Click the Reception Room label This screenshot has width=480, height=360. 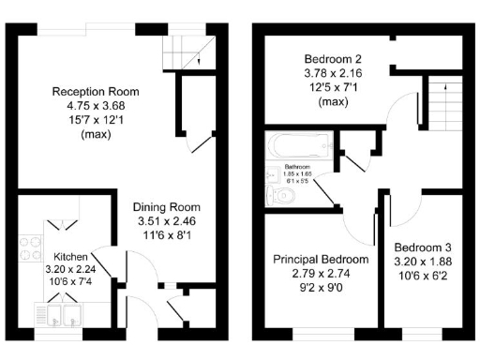tap(96, 92)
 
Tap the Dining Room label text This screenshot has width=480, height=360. tap(166, 207)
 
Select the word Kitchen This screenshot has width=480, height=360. tap(70, 256)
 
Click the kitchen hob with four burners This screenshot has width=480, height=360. tap(29, 246)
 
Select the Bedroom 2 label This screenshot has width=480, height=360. tap(324, 57)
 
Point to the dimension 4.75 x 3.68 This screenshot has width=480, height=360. tap(96, 106)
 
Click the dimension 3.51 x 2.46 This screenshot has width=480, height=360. tap(166, 222)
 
